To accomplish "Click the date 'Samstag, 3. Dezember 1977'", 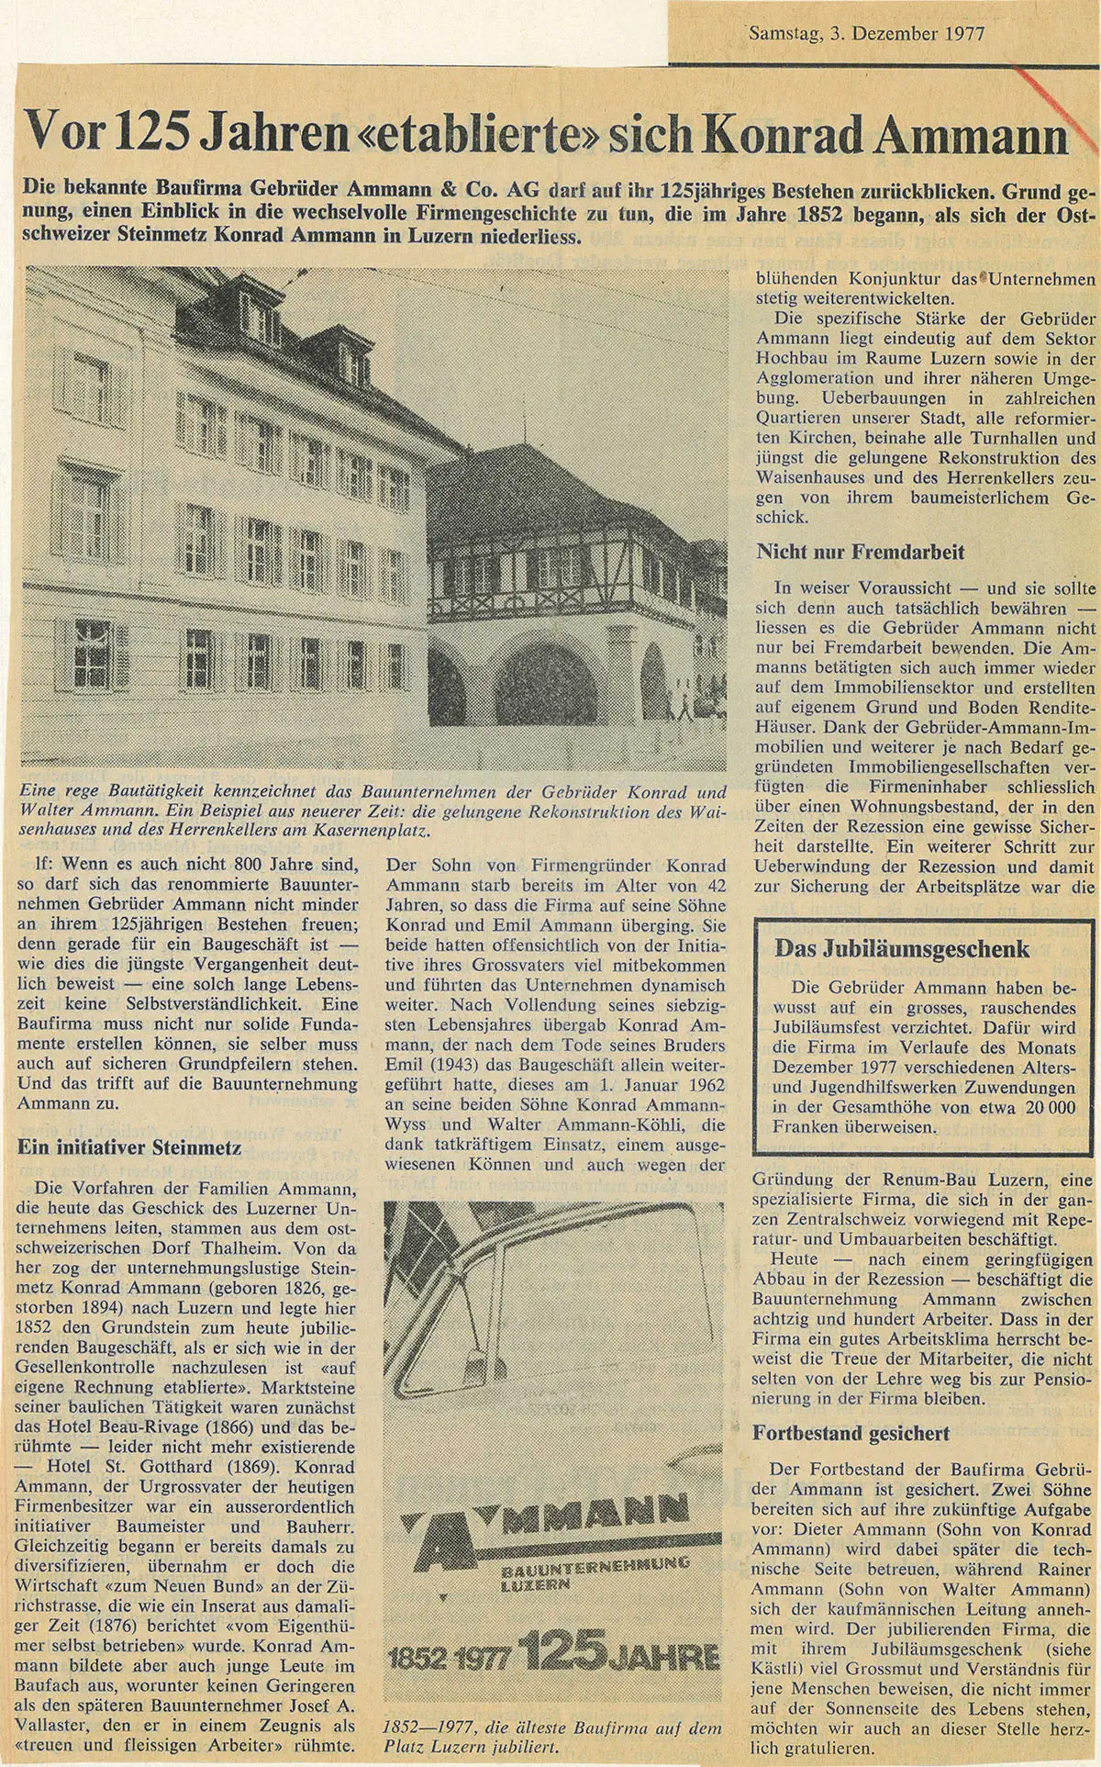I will click(x=866, y=34).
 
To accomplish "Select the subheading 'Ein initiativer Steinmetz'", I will click(x=129, y=1146).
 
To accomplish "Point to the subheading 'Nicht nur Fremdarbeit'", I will click(x=860, y=552).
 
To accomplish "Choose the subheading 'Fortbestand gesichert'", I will click(x=851, y=1433).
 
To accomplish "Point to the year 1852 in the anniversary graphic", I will click(x=419, y=1658).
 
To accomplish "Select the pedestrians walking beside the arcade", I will click(x=684, y=705).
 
